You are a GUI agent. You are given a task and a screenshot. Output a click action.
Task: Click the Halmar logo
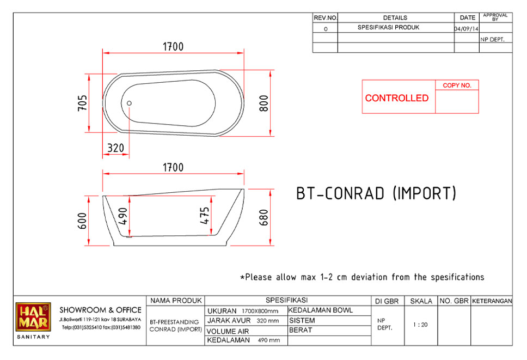point(33,316)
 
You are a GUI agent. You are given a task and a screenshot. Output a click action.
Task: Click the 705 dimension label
point(82,103)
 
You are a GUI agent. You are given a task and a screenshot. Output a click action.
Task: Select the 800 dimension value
point(264,103)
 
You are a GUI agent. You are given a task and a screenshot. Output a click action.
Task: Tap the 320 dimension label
point(115,148)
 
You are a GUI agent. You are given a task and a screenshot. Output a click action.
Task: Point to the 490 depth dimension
point(122,216)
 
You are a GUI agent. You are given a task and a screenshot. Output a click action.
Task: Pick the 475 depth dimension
point(204,216)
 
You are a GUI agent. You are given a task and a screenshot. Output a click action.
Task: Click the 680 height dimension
point(264,217)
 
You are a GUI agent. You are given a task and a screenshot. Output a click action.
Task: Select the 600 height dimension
point(82,221)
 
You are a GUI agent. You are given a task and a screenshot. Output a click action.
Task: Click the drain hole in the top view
point(129,103)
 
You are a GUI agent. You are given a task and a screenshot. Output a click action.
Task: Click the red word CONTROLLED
point(397,98)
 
